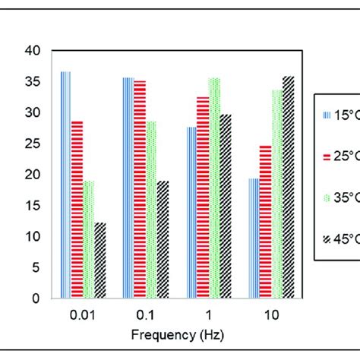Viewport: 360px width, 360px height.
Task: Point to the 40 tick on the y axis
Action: pyautogui.click(x=32, y=52)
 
